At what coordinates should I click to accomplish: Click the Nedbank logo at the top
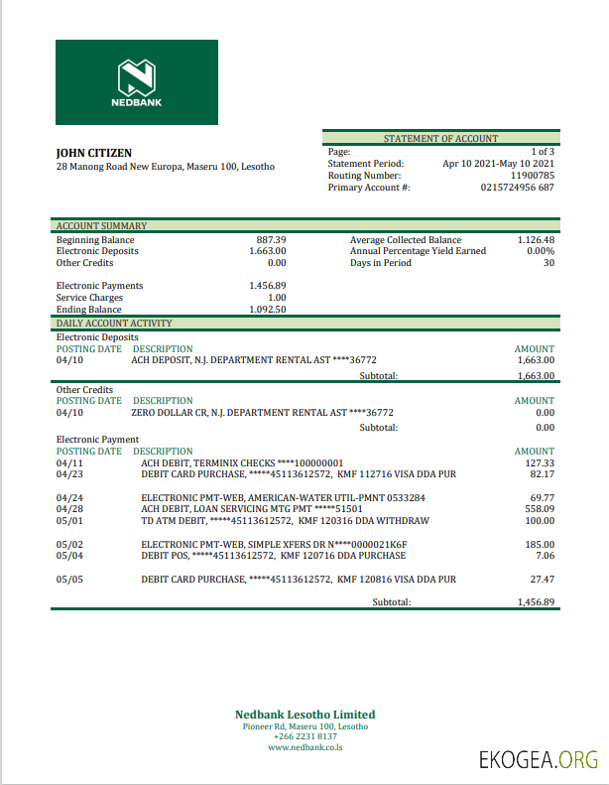[137, 82]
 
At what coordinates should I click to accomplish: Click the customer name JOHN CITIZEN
[94, 153]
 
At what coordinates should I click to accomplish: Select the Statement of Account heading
[440, 139]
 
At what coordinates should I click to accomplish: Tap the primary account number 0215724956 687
[517, 188]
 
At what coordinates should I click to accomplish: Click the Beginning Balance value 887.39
[271, 240]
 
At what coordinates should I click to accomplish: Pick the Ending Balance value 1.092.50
[267, 310]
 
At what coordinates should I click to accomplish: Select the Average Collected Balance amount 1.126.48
[536, 240]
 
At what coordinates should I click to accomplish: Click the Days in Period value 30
[548, 263]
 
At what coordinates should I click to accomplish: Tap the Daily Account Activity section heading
[114, 324]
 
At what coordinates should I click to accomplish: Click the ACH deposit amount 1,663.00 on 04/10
[535, 360]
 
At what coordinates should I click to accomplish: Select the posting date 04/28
[70, 508]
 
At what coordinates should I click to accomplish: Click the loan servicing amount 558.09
[539, 508]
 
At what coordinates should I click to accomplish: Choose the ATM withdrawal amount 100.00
[539, 520]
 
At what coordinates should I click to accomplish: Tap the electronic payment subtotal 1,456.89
[535, 602]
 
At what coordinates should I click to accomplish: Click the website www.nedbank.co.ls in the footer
[304, 747]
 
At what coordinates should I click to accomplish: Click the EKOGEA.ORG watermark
[538, 761]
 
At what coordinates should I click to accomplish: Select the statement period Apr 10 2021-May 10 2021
[498, 164]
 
